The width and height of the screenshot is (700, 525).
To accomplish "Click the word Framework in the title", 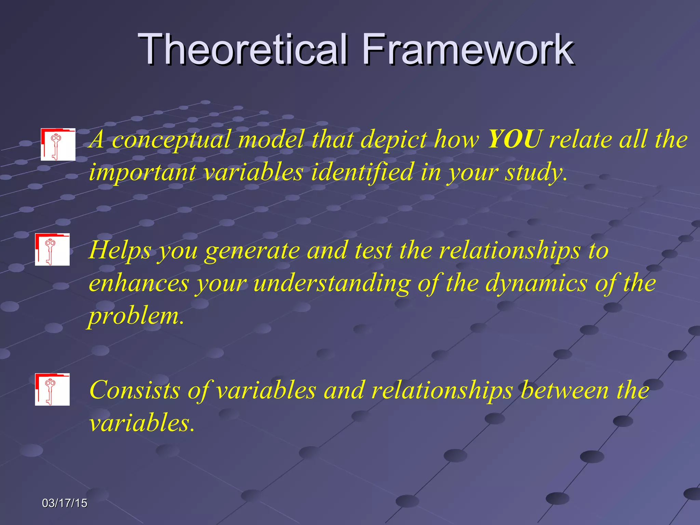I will point(468,50).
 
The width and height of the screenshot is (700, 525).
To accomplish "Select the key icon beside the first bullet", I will point(58,145).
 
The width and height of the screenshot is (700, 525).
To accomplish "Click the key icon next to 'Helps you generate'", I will point(52,250).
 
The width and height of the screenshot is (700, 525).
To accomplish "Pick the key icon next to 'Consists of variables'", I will point(52,389).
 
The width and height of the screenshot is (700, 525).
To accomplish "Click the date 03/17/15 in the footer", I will point(65,503).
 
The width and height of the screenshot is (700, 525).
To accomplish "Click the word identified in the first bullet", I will point(362,172).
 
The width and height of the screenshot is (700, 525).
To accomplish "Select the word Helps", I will point(120,251).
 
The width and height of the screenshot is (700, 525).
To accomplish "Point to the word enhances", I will point(139,284).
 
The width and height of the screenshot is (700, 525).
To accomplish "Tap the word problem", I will point(135,317).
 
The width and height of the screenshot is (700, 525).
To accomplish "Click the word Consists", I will point(135,390).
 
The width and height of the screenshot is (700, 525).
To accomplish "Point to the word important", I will point(142,172).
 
